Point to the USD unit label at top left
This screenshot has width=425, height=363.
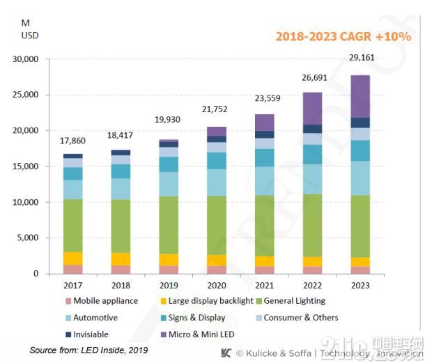[x=30, y=35]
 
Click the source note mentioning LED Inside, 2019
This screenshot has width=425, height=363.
[x=88, y=349]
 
